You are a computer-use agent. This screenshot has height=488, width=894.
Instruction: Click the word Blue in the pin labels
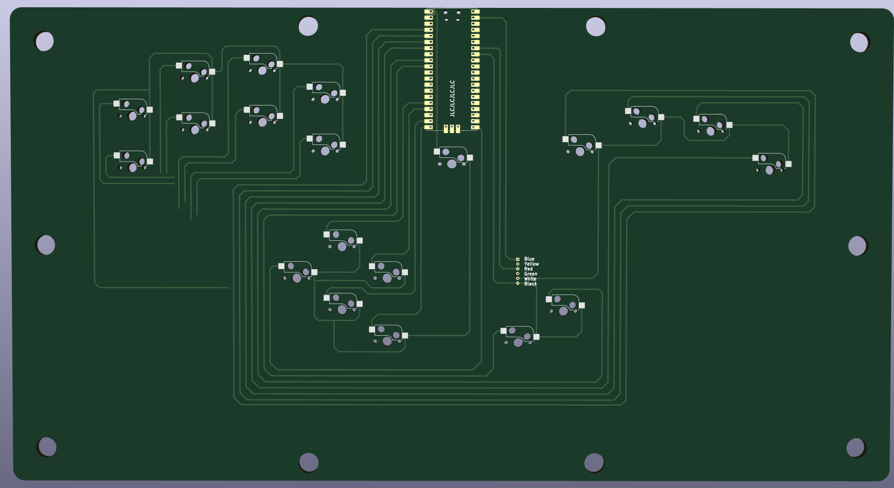point(529,259)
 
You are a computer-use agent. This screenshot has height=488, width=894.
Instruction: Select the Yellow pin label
point(531,264)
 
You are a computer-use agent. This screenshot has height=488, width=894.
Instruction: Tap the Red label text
point(529,269)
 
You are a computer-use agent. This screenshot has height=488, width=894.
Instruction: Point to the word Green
point(531,274)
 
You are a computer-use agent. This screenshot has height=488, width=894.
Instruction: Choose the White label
point(530,279)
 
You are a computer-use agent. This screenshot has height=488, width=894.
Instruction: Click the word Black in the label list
point(530,284)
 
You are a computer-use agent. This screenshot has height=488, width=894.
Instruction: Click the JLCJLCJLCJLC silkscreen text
point(452,98)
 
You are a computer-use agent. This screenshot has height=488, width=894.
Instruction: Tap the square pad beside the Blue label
point(518,259)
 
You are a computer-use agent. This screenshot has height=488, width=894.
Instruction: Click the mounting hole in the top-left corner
point(45,41)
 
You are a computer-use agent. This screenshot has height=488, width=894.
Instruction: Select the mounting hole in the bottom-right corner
point(856,447)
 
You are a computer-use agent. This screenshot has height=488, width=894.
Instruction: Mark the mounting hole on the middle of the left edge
point(46,245)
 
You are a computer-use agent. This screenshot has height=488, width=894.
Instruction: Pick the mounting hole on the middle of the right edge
point(857,246)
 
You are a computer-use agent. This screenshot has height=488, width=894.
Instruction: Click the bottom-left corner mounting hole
point(47,446)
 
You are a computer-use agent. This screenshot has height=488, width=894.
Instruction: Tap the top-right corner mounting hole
point(859,42)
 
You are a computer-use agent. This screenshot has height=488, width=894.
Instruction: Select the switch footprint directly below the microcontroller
point(453,157)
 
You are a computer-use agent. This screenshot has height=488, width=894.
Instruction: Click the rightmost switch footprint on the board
point(771,164)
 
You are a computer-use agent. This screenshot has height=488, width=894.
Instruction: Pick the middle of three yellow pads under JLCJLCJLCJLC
point(452,129)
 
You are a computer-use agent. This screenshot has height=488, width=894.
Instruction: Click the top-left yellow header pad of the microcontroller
point(429,11)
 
